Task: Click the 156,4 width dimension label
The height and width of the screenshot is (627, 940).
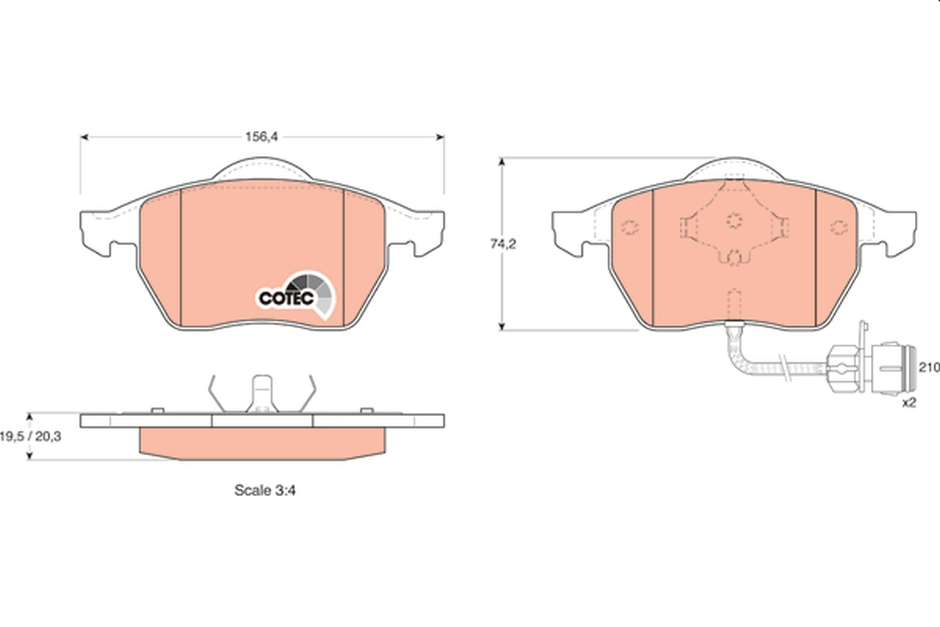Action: tap(262, 137)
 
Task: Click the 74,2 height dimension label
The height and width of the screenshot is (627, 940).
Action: tap(503, 244)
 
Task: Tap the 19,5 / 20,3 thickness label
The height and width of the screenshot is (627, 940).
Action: tap(31, 437)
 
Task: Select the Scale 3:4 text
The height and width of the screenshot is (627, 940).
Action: tap(265, 490)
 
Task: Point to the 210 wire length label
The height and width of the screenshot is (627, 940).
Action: tap(929, 368)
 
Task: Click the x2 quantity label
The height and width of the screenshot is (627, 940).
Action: tap(909, 403)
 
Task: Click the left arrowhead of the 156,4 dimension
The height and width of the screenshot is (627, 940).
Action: tap(84, 137)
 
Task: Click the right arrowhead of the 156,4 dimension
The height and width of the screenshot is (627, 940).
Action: tap(440, 137)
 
